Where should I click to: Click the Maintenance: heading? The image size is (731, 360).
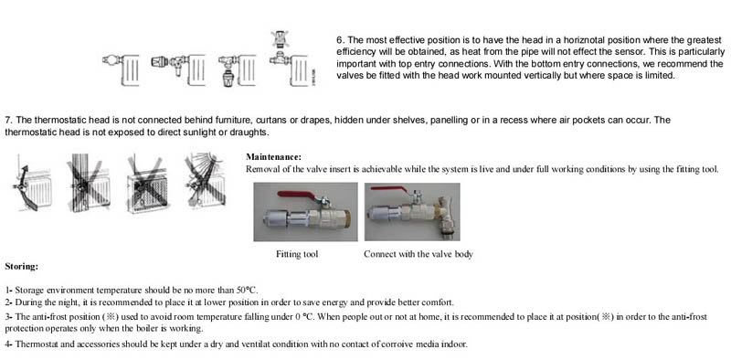pyautogui.click(x=273, y=156)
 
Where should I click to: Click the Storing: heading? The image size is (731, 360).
pyautogui.click(x=21, y=267)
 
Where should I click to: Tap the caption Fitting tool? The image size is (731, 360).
pyautogui.click(x=297, y=254)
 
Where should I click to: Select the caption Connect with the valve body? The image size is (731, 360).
pyautogui.click(x=418, y=254)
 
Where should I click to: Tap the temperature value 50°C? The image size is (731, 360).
pyautogui.click(x=248, y=290)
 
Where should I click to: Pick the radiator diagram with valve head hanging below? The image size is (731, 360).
pyautogui.click(x=237, y=69)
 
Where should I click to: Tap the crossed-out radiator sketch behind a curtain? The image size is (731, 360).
pyautogui.click(x=89, y=184)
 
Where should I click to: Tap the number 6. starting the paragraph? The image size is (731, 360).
pyautogui.click(x=340, y=40)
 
